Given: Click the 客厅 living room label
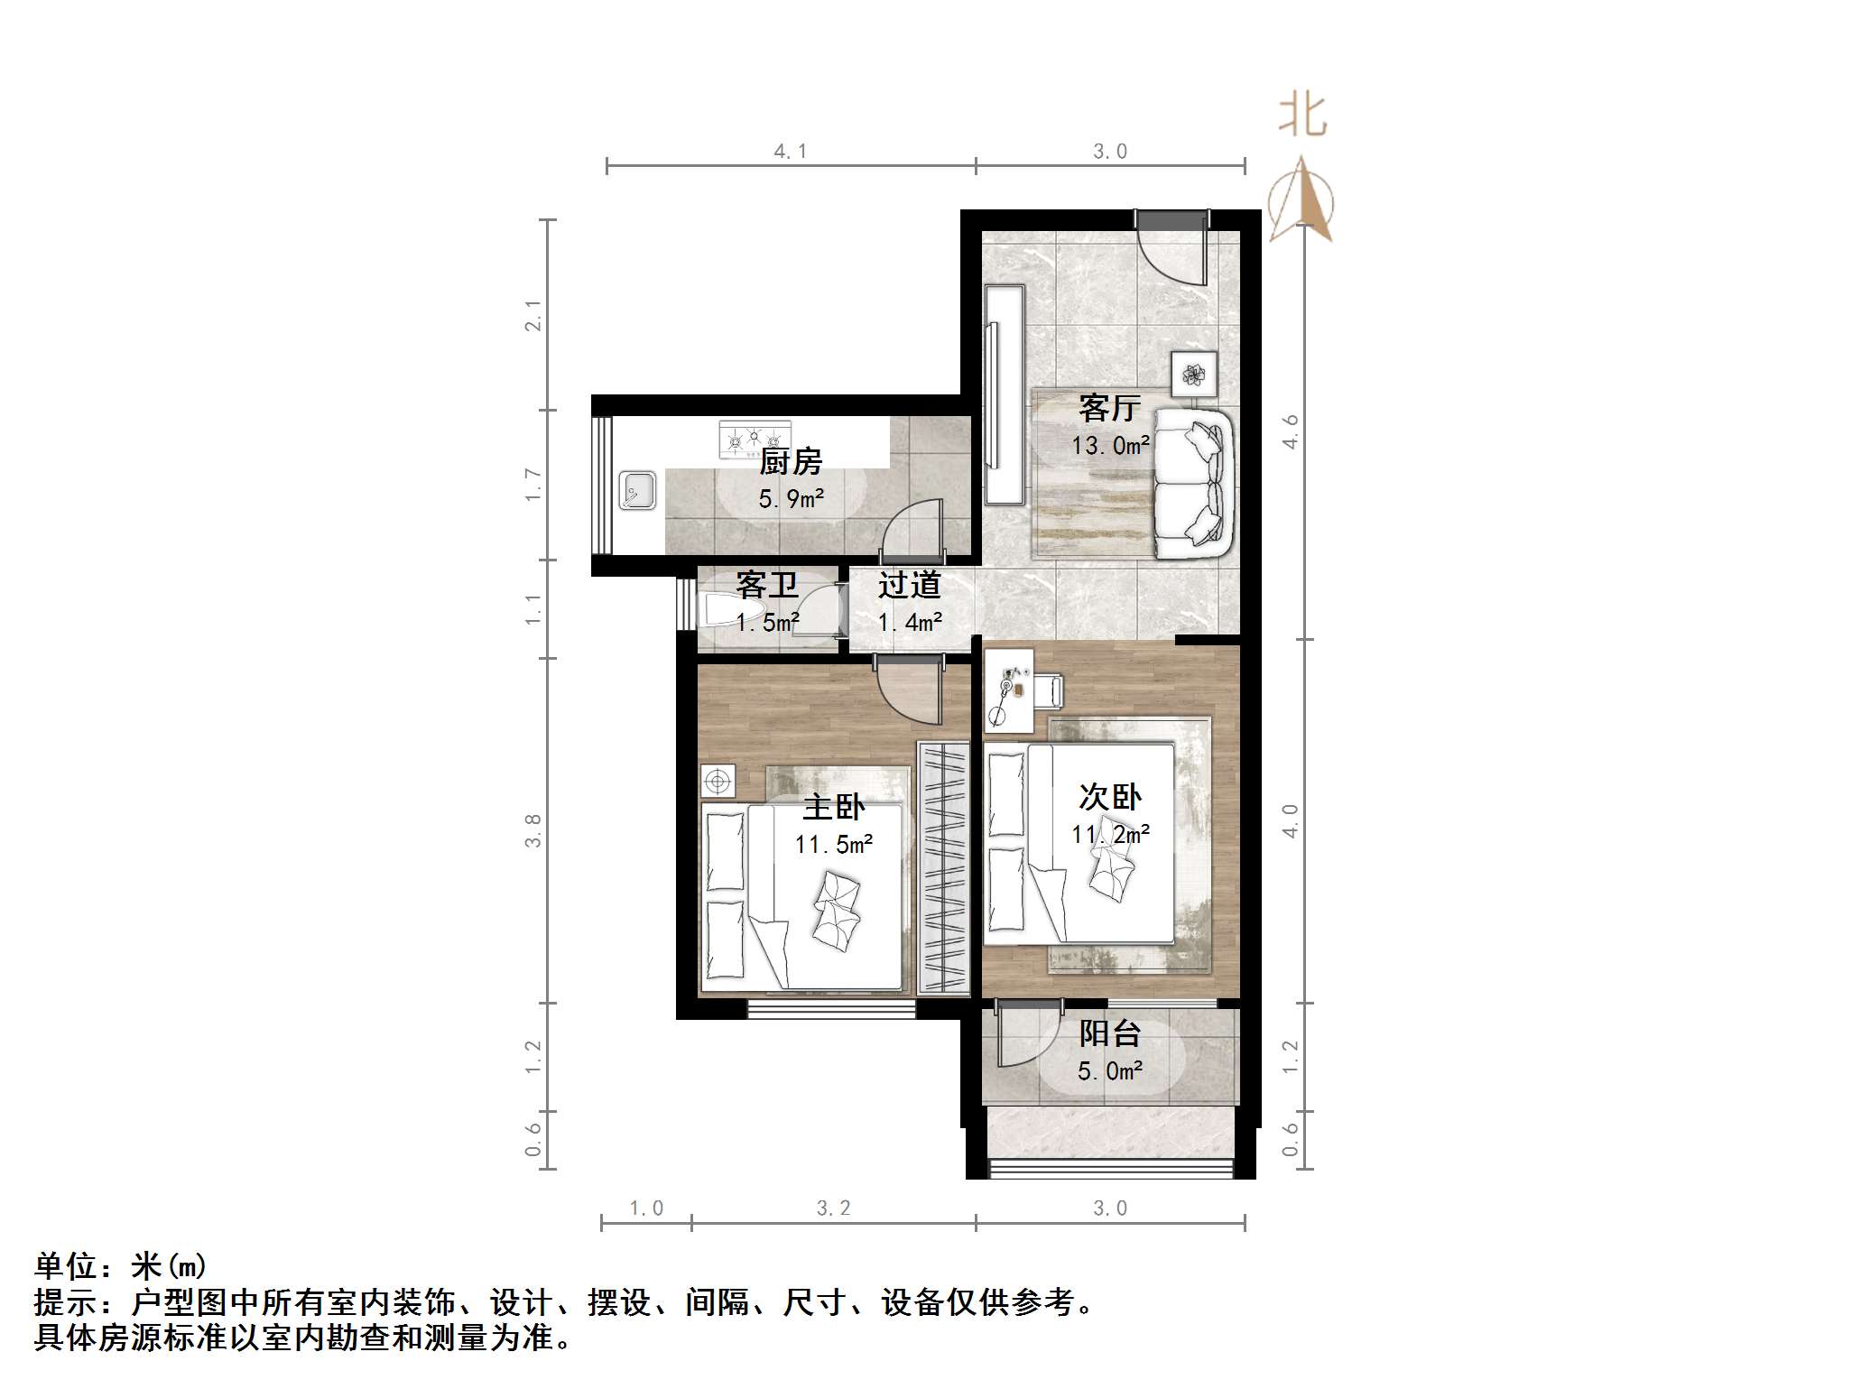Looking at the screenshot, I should (1109, 408).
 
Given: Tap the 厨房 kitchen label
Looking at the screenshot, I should (791, 461).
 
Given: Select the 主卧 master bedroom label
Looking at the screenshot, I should (833, 806).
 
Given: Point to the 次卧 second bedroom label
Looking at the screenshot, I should (1109, 796).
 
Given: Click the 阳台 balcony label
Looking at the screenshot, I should (1110, 1033).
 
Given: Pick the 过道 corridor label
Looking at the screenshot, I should (909, 585).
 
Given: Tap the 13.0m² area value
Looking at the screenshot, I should (1110, 446).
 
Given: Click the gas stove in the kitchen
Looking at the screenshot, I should (755, 440).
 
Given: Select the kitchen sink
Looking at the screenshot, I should (638, 491).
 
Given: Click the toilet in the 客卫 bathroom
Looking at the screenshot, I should (722, 611).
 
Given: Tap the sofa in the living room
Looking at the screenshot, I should (1193, 483).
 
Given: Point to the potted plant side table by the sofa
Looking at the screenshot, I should (1194, 373).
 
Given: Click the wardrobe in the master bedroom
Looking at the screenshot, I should (943, 867).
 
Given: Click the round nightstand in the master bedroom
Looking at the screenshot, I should (718, 781).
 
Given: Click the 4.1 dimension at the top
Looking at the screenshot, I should (790, 152).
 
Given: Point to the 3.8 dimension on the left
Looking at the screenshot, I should (533, 830).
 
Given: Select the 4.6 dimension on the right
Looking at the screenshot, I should (1291, 431).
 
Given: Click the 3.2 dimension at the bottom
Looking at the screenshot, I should (833, 1208).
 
